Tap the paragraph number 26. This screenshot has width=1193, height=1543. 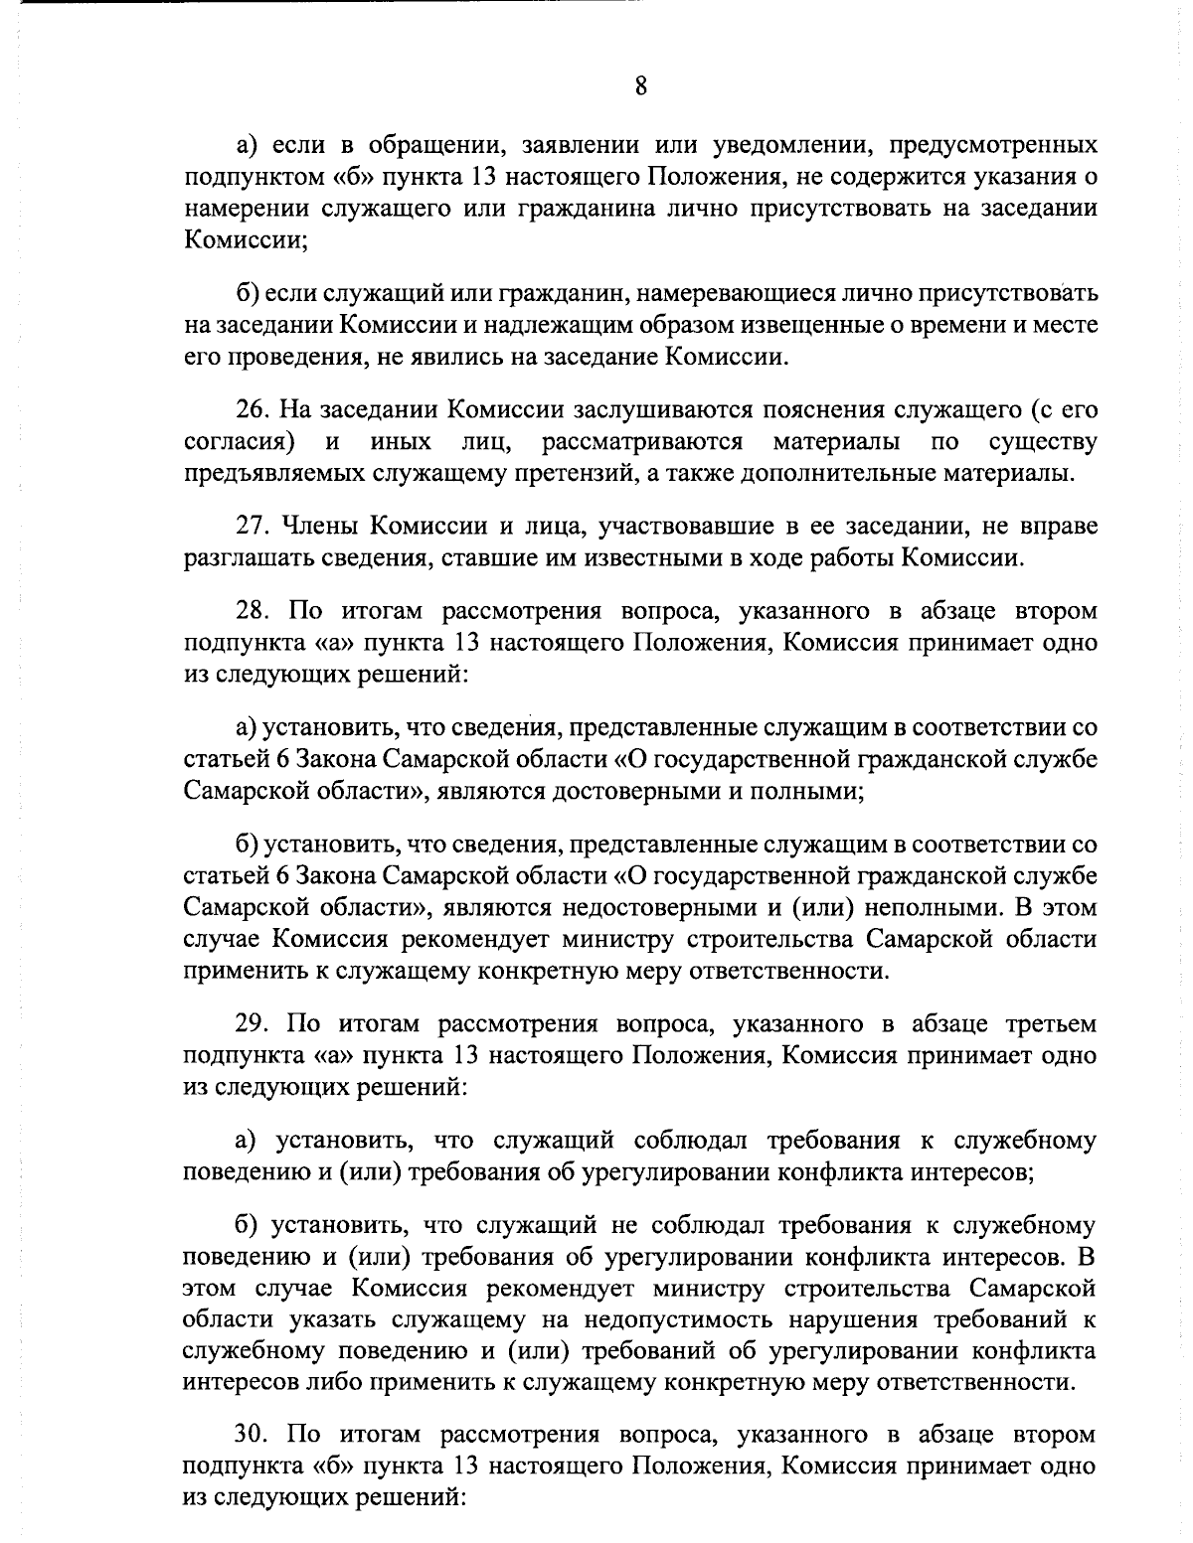click(x=252, y=409)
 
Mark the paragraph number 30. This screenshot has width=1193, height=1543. click(x=253, y=1434)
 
